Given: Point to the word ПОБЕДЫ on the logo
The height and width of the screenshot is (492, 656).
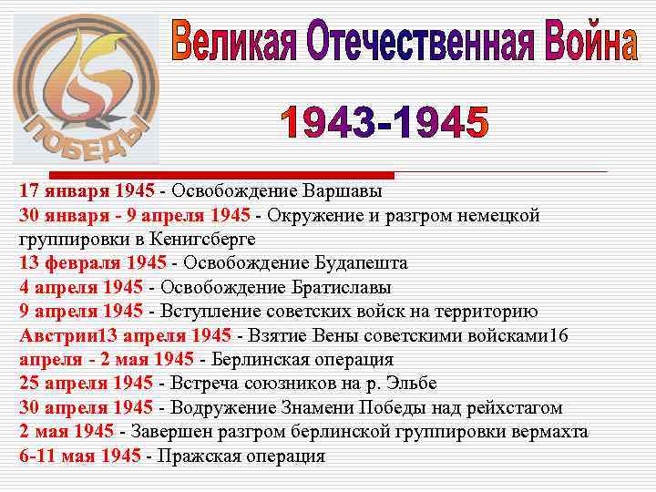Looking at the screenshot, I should point(83,138).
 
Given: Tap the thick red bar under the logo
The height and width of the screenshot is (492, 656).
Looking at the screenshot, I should point(220,175).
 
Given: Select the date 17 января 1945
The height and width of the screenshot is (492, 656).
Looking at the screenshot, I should point(87,192).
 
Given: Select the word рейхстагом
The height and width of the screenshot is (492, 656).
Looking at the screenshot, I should point(514,407).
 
